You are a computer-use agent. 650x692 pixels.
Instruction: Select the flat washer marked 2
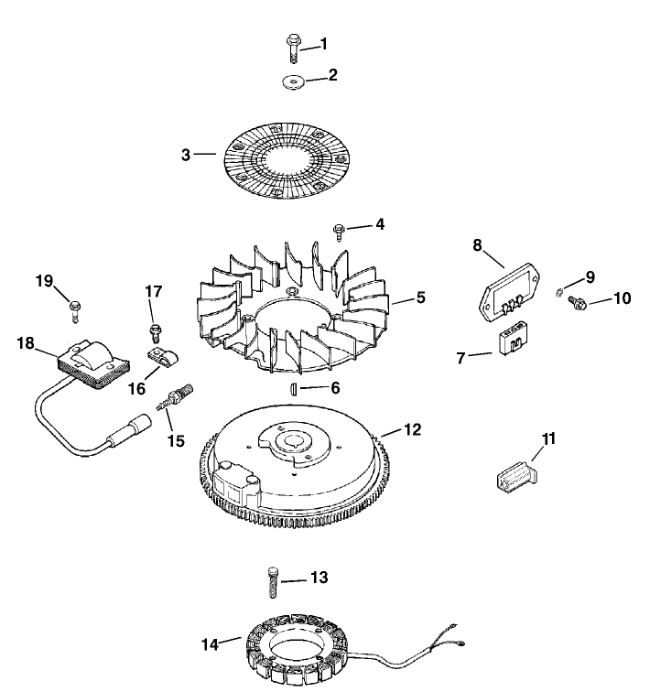tap(292, 82)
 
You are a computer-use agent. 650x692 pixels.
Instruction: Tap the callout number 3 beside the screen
tap(186, 155)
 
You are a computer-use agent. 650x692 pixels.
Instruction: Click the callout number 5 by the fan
tap(420, 297)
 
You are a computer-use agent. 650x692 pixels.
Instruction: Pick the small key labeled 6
tap(293, 388)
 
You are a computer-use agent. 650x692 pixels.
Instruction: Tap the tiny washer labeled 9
tap(559, 292)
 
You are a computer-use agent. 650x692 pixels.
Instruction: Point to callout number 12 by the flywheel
tap(413, 429)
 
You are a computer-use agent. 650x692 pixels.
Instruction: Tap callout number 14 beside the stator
tap(211, 643)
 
